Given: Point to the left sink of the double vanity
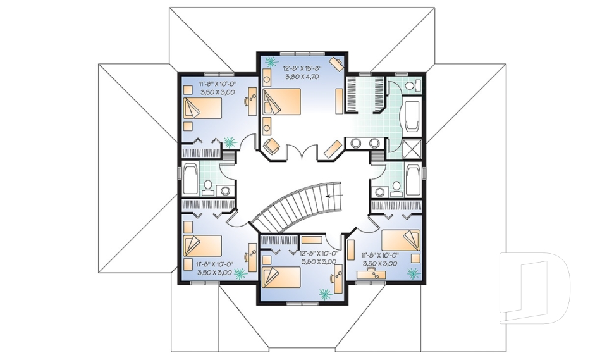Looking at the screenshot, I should [356, 142].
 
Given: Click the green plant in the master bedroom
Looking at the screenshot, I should [272, 61].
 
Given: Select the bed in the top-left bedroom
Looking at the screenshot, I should [203, 108].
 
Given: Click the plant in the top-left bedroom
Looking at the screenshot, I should [228, 142].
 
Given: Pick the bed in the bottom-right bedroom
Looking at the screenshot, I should [401, 240].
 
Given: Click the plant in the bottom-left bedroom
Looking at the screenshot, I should [240, 273].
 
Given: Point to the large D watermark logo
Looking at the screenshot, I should [534, 287].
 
